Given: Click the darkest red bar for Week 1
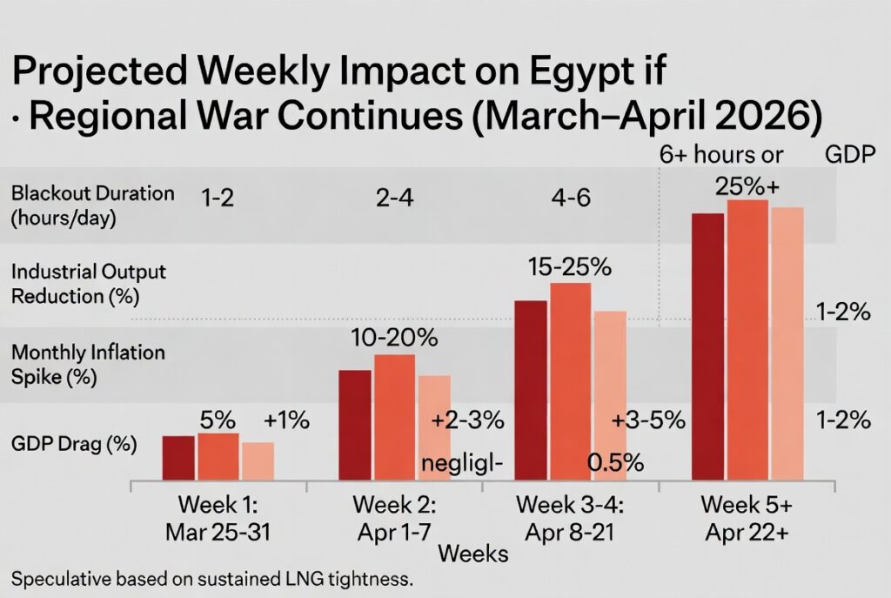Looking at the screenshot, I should (x=178, y=457).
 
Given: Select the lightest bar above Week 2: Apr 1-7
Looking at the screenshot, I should (x=434, y=427).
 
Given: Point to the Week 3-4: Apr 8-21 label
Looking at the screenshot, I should (x=569, y=518).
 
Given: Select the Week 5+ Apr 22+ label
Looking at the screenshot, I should (x=746, y=518).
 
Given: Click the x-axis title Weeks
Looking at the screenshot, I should (x=473, y=554).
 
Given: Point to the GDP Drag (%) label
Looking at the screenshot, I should (x=74, y=444).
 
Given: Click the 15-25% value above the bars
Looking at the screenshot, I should (x=570, y=266).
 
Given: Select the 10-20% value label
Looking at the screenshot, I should (x=394, y=338).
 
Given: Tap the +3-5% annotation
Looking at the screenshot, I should (x=648, y=420).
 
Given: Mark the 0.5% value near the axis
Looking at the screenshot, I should (x=615, y=462).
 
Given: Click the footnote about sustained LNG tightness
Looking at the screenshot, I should (x=211, y=578).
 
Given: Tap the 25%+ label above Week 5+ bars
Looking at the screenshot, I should (x=747, y=185).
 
